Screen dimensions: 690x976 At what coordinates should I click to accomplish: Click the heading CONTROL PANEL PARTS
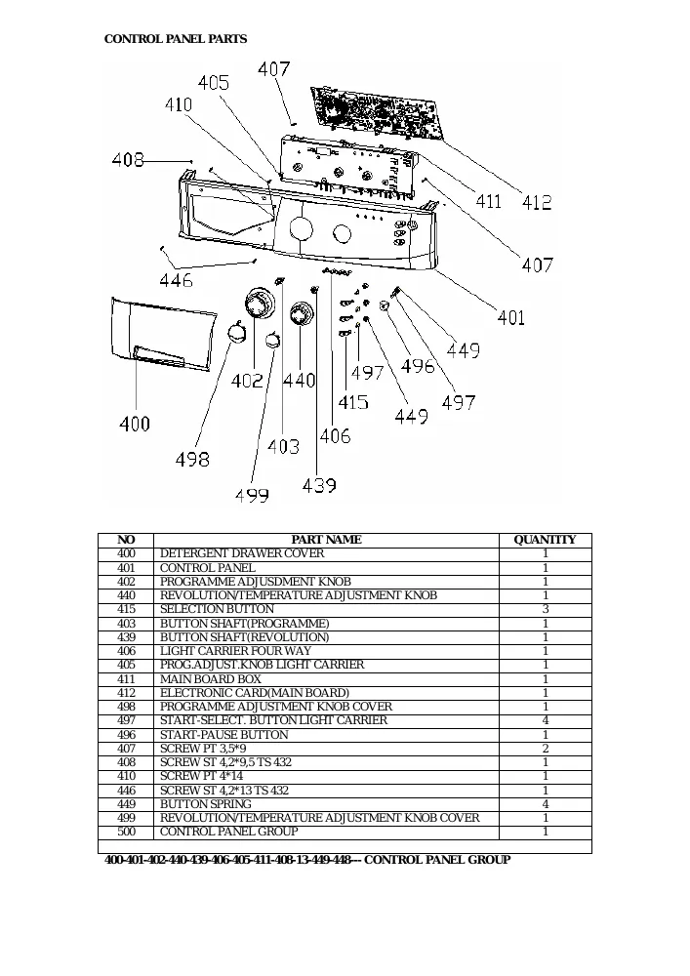pos(176,39)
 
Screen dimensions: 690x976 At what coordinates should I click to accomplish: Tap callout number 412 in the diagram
pos(537,202)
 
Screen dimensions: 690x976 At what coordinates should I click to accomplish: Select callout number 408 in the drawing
pos(128,161)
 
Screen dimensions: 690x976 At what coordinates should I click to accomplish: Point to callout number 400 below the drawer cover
pos(135,424)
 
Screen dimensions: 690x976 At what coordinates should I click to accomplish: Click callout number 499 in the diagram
pos(252,496)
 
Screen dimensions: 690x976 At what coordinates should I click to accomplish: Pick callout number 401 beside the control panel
pos(510,317)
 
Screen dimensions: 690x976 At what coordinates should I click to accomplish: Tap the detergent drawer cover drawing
pos(163,335)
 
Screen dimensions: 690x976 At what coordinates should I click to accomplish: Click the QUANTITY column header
pos(545,540)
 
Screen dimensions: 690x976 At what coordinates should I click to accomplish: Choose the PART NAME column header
pos(326,540)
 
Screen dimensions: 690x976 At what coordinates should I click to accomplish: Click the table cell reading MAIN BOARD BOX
pos(210,679)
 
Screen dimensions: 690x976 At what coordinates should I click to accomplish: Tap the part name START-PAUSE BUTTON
pos(224,735)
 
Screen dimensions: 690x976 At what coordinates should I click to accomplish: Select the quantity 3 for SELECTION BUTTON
pos(546,609)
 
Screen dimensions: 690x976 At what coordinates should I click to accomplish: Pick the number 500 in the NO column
pos(126,832)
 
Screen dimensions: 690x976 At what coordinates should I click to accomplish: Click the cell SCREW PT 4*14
pos(201,776)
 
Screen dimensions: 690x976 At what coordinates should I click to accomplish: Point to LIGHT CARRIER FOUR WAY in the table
pos(235,651)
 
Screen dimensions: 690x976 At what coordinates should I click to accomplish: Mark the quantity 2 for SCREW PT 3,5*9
pos(546,749)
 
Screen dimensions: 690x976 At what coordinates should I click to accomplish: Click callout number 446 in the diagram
pos(176,281)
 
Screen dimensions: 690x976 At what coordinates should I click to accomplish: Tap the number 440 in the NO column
pos(126,595)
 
